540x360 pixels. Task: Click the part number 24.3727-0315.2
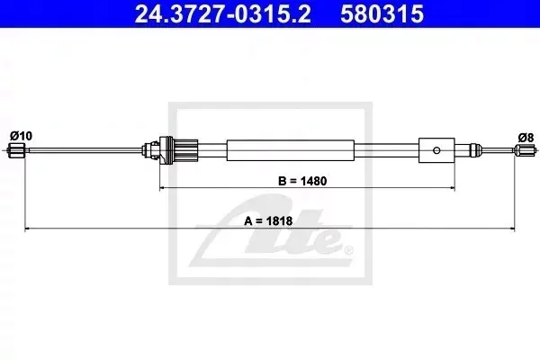click(x=223, y=13)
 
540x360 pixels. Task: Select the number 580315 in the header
click(x=382, y=13)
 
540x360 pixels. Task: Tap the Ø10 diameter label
click(x=21, y=136)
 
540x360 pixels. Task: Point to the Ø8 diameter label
click(x=526, y=138)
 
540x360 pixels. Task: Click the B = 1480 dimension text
click(x=302, y=181)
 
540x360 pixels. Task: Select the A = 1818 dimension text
click(x=268, y=220)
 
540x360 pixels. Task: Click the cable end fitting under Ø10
click(x=16, y=150)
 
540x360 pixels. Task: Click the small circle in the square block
click(x=436, y=150)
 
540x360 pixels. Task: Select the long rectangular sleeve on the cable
click(x=291, y=150)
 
